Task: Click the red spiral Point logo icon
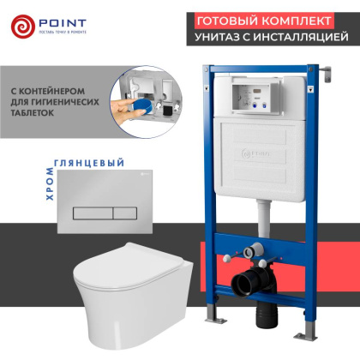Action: click(24, 26)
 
